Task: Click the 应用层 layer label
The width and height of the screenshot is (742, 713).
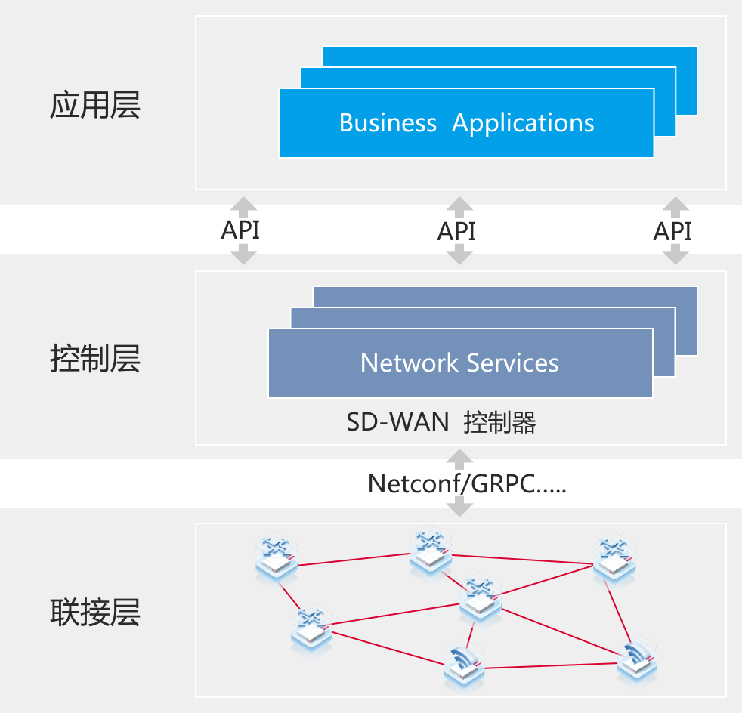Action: pos(95,106)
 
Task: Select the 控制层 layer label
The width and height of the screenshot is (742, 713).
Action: pos(95,360)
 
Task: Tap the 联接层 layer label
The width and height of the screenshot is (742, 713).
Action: pos(95,613)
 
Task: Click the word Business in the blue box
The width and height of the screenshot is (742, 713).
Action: pos(388,123)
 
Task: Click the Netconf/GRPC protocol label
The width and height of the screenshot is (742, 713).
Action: pos(466,483)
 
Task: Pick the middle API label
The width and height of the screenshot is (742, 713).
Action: pos(457,230)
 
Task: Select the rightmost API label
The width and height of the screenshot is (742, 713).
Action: pos(673,230)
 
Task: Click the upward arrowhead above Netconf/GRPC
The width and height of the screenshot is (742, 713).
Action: pos(459,456)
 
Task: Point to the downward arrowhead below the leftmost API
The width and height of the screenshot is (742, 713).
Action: pos(243,257)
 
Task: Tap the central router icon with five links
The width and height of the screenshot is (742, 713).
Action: pos(481,597)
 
